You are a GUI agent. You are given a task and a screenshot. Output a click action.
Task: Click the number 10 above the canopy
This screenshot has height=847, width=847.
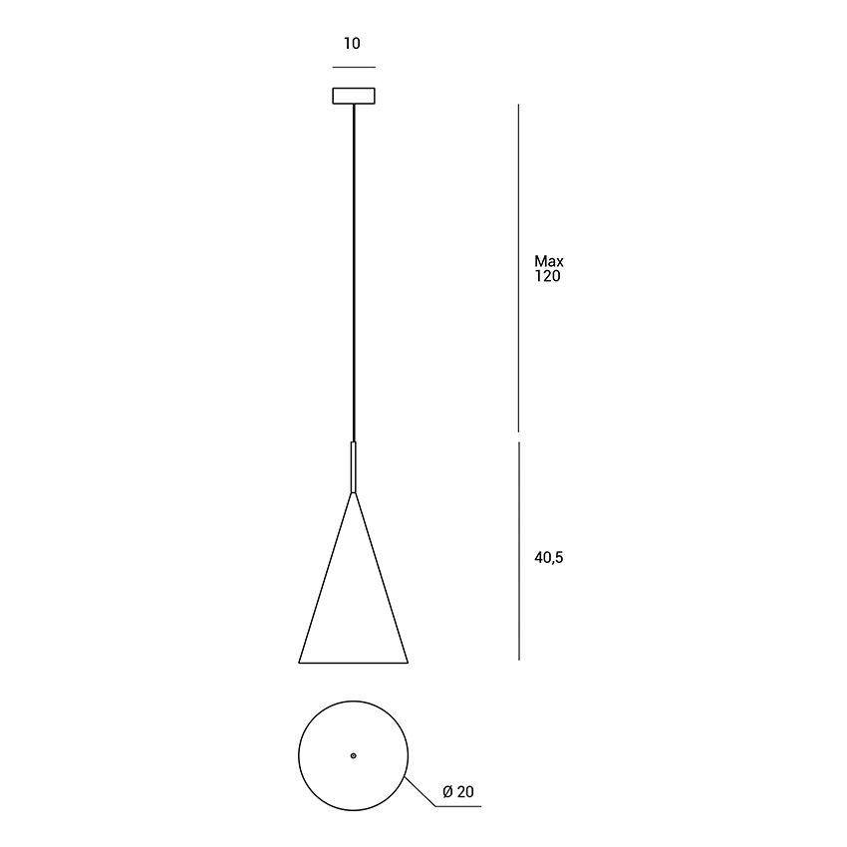[x=353, y=44]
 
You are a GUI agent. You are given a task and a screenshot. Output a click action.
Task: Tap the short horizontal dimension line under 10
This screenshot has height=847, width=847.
[x=354, y=67]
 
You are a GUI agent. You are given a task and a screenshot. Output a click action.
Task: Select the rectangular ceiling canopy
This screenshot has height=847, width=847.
[x=354, y=96]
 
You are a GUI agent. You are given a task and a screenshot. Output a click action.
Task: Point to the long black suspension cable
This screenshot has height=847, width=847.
[x=354, y=269]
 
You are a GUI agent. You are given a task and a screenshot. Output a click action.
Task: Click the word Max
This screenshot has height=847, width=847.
[x=549, y=262]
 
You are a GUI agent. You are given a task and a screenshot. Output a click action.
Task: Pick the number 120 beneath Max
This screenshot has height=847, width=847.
[x=548, y=277]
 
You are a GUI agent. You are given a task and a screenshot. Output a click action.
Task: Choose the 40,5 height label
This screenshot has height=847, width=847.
[x=549, y=558]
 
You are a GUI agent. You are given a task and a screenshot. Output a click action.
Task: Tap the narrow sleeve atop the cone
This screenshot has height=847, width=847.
[x=354, y=466]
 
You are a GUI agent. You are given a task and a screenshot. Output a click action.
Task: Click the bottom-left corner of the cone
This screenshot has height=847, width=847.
[x=300, y=662]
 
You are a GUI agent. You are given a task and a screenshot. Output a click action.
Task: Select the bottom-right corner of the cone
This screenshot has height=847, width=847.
[x=408, y=662]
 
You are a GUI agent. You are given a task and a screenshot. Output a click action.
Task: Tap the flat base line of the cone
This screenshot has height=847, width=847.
[x=354, y=663]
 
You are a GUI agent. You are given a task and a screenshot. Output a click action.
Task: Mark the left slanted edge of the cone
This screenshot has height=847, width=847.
[x=327, y=578]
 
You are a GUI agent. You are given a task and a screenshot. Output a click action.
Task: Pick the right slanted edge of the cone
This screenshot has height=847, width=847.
[x=381, y=578]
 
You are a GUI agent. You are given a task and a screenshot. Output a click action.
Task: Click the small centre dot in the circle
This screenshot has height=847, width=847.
[x=354, y=756]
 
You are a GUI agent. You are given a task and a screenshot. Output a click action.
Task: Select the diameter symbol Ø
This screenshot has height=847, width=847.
[x=447, y=793]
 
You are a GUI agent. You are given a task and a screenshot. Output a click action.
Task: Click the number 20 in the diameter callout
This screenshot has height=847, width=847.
[x=465, y=793]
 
